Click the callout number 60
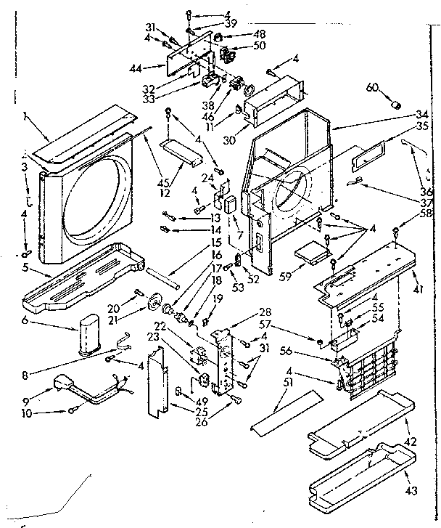point(371,88)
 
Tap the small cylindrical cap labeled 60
point(396,104)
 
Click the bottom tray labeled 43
point(355,479)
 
